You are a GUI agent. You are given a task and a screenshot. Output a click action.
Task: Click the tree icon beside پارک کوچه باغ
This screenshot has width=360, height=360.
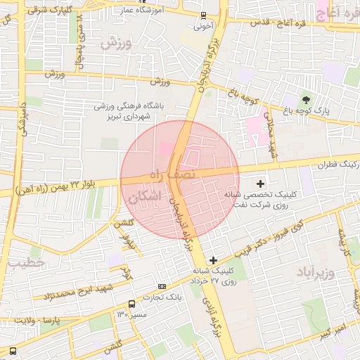pyautogui.click(x=305, y=98)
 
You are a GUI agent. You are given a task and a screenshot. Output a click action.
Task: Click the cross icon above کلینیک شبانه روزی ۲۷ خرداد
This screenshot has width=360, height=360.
pyautogui.click(x=214, y=261)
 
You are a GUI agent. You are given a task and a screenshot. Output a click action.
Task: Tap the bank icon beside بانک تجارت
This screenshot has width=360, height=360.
pyautogui.click(x=162, y=287)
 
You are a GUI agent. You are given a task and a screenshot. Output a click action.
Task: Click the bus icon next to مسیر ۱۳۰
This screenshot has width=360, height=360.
pyautogui.click(x=132, y=304)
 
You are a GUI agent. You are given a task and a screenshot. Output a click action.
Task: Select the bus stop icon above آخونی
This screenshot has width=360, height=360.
pyautogui.click(x=203, y=15)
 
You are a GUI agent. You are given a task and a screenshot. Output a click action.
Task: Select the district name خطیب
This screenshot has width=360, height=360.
pyautogui.click(x=27, y=262)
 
